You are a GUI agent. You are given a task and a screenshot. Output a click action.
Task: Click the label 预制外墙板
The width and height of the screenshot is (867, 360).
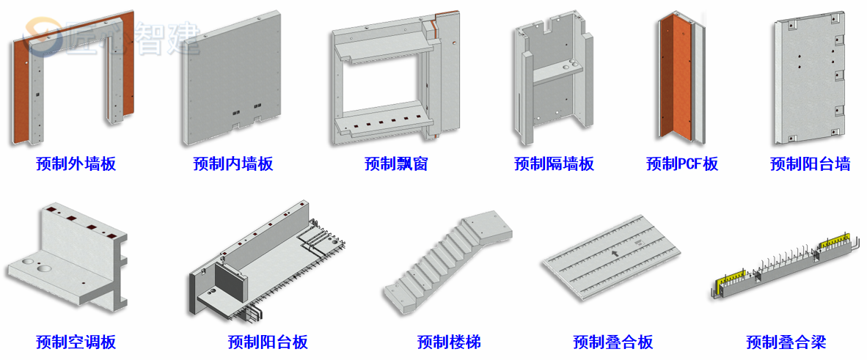click(x=76, y=164)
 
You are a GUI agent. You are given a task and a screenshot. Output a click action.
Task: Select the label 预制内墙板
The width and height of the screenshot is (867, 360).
click(x=233, y=164)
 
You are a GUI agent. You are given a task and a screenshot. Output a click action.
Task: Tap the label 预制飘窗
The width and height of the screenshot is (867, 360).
click(x=396, y=164)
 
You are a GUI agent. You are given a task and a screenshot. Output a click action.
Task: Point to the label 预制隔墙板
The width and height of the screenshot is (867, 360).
click(x=554, y=164)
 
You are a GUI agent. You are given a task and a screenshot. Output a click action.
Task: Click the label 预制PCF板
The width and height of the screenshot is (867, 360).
click(x=682, y=164)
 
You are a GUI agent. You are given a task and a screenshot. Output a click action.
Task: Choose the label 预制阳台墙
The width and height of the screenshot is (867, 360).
click(x=810, y=164)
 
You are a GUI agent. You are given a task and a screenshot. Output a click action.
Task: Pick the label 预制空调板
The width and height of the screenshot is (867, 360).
click(x=76, y=342)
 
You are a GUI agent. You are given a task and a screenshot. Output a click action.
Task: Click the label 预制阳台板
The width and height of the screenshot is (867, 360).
click(x=268, y=342)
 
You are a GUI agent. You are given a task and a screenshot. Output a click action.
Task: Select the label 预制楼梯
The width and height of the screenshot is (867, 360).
click(x=449, y=342)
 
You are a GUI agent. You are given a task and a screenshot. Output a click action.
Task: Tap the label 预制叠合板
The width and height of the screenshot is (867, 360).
click(x=613, y=342)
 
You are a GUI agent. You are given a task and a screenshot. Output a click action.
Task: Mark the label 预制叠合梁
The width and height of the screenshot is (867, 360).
click(x=786, y=342)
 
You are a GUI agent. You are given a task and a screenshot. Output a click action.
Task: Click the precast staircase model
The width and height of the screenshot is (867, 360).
click(x=444, y=264)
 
